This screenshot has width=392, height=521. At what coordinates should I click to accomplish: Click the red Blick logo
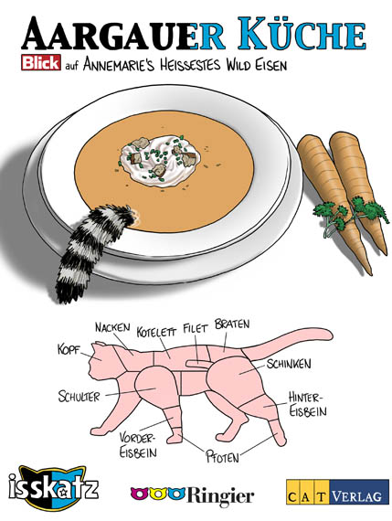tap(41, 62)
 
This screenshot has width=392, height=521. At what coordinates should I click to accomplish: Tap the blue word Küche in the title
tap(302, 33)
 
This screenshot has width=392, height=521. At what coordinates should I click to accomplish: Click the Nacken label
tap(112, 327)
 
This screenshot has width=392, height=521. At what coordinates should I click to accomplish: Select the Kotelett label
tap(156, 332)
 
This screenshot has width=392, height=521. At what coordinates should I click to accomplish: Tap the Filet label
tap(195, 329)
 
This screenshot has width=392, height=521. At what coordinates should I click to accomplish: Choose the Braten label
tap(232, 324)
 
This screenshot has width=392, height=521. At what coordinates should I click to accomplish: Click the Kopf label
tap(69, 350)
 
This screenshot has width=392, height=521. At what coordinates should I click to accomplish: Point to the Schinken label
tap(289, 364)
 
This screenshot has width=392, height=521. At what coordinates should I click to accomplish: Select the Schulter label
tap(79, 397)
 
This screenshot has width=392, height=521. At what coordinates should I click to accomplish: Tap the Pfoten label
tap(223, 457)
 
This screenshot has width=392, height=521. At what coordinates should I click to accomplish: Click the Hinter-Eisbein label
tap(307, 404)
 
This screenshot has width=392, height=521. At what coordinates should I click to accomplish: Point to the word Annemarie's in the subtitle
tap(119, 64)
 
